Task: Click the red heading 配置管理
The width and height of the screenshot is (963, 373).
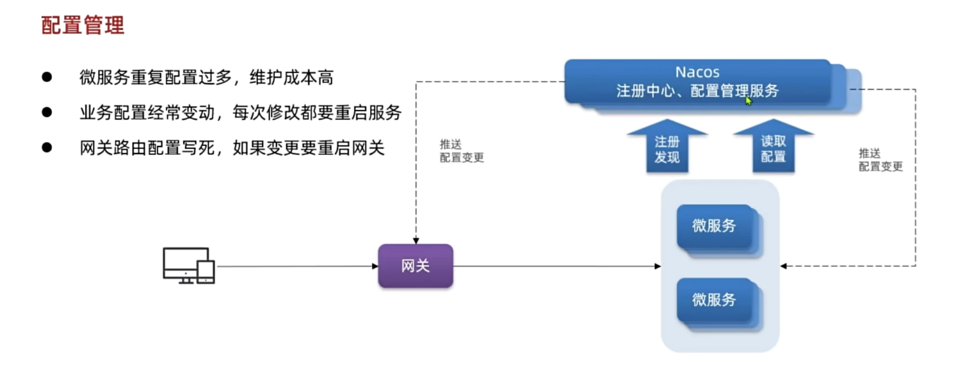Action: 83,25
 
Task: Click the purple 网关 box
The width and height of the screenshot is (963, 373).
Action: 415,266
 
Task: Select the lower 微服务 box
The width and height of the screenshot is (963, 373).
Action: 715,299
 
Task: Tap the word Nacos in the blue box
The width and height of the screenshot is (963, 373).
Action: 697,72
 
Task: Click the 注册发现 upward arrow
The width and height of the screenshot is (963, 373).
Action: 667,147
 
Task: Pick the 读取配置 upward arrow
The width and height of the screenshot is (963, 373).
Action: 773,147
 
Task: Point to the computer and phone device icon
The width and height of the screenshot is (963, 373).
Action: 188,266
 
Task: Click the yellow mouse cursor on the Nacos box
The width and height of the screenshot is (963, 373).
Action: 748,100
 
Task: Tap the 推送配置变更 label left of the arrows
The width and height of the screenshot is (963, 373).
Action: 462,151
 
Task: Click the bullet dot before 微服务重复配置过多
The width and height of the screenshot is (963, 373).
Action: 46,77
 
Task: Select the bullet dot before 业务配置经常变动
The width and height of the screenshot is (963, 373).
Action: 46,113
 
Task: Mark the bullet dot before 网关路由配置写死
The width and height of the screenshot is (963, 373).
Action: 46,148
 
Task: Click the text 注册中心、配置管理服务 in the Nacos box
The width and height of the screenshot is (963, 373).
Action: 697,91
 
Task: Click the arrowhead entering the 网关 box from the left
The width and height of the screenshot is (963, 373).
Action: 375,266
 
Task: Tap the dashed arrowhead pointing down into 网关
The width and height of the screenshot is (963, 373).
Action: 416,240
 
